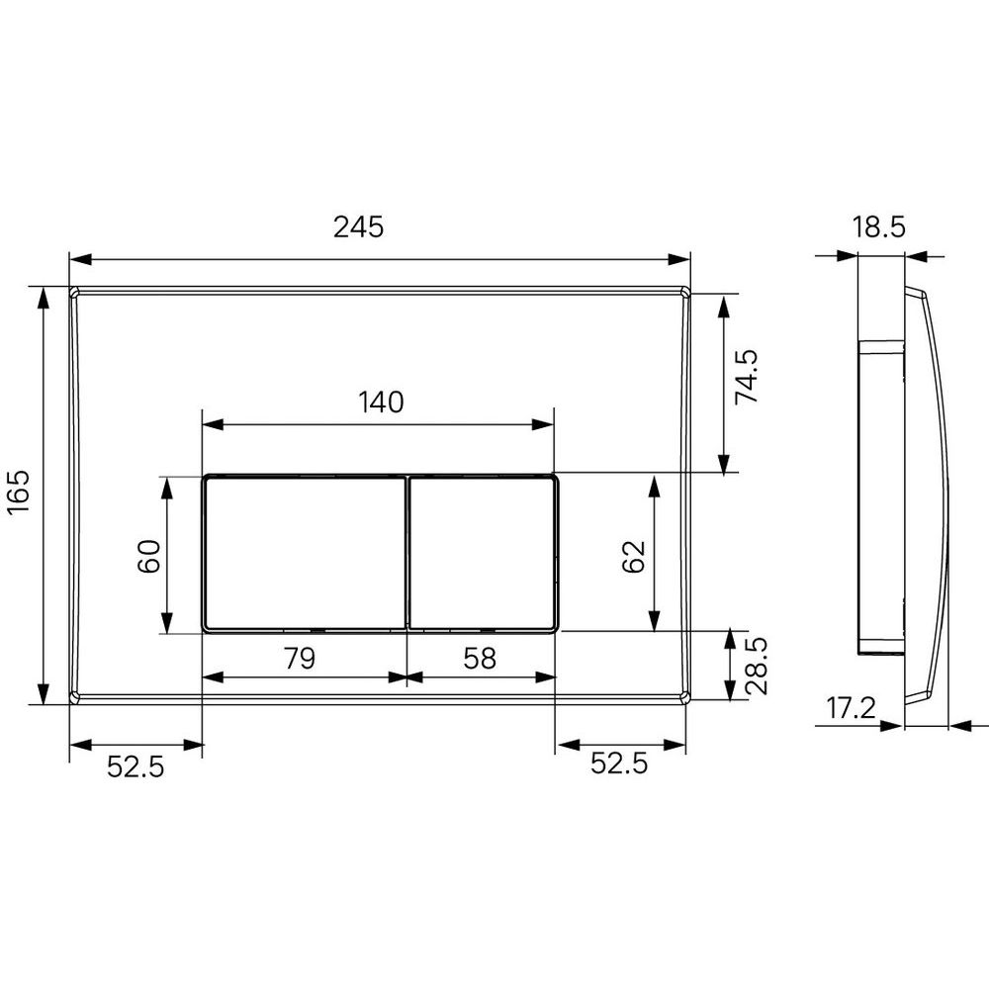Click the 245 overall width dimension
click(358, 227)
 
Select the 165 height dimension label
click(19, 492)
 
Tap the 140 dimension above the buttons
click(381, 402)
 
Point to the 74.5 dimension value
click(747, 377)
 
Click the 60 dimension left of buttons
click(149, 556)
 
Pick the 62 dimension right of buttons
click(634, 556)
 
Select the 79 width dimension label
click(300, 658)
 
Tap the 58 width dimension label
click(480, 658)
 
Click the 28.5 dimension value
click(757, 666)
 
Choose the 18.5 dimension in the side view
click(878, 227)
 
